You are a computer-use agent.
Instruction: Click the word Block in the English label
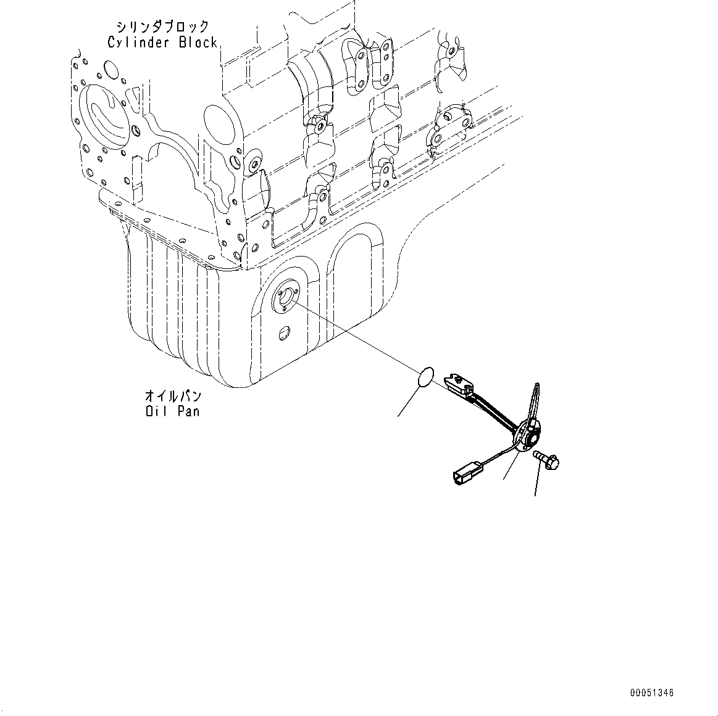coord(198,43)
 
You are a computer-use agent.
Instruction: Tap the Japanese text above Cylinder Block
coord(162,27)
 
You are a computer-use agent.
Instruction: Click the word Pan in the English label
coord(188,410)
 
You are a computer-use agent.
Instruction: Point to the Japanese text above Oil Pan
coord(172,395)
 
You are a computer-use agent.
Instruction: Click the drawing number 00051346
coord(652,693)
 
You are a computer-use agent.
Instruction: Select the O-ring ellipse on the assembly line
coord(425,378)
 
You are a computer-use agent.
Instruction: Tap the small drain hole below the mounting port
coord(283,334)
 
